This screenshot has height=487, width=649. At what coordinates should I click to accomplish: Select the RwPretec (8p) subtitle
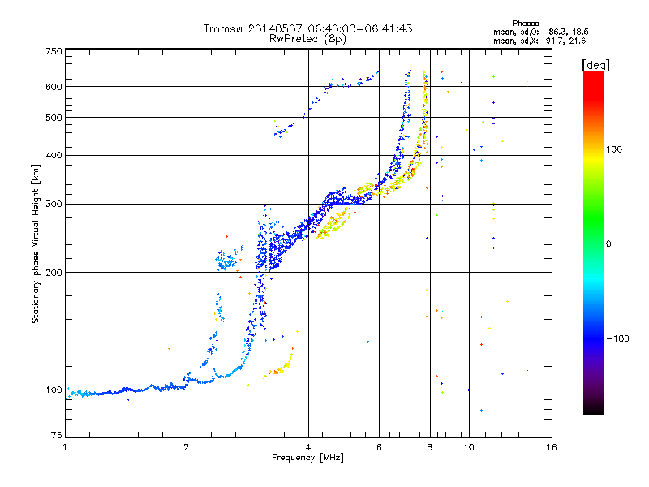click(x=307, y=39)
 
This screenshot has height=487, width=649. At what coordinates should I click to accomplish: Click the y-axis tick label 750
click(x=54, y=51)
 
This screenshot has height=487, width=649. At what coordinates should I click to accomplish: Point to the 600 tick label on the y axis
click(x=54, y=87)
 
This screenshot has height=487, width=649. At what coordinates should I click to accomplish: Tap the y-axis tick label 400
click(x=54, y=155)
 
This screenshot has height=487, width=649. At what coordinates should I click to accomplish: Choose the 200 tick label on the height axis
click(x=54, y=273)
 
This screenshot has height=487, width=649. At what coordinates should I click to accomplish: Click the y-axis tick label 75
click(x=57, y=435)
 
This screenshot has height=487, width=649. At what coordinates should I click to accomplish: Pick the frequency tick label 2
click(x=187, y=447)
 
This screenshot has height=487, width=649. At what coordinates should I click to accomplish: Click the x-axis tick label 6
click(x=379, y=447)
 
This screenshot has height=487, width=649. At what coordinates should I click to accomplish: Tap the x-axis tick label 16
click(x=552, y=447)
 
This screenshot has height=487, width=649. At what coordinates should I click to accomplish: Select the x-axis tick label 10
click(x=469, y=447)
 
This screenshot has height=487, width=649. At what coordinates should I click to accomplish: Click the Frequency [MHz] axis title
click(x=307, y=458)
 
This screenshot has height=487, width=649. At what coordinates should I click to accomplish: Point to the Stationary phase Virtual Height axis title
click(x=36, y=243)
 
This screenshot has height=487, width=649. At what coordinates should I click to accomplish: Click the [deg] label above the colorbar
click(x=595, y=65)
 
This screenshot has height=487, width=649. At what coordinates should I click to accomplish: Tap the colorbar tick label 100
click(x=614, y=149)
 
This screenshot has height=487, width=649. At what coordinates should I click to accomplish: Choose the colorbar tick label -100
click(x=617, y=338)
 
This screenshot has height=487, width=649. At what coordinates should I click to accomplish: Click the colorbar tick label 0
click(x=608, y=244)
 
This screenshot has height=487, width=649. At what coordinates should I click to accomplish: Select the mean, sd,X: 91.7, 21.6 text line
click(x=539, y=41)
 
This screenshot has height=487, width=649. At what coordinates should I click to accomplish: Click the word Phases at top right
click(x=526, y=24)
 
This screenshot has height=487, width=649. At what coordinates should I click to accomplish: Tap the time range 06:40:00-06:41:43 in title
click(x=360, y=28)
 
